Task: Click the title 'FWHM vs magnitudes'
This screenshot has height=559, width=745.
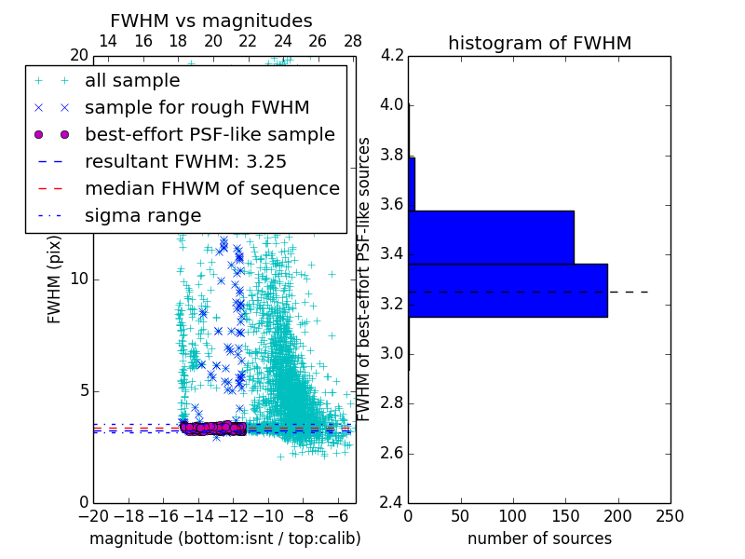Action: (210, 20)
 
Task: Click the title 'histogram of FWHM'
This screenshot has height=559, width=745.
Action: (539, 43)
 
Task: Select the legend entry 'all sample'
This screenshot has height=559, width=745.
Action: (132, 80)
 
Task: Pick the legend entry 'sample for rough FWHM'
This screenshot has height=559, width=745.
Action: (196, 107)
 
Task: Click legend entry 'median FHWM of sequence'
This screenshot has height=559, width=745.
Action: (211, 188)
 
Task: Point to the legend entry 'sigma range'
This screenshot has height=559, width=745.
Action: (142, 215)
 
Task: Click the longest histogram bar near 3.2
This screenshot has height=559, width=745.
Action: (508, 291)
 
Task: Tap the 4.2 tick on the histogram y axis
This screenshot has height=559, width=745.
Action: (391, 55)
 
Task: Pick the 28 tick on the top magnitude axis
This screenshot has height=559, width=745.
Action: (352, 41)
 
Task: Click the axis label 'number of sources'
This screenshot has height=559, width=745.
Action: (539, 539)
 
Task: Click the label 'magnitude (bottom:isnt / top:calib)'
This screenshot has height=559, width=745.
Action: (224, 539)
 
